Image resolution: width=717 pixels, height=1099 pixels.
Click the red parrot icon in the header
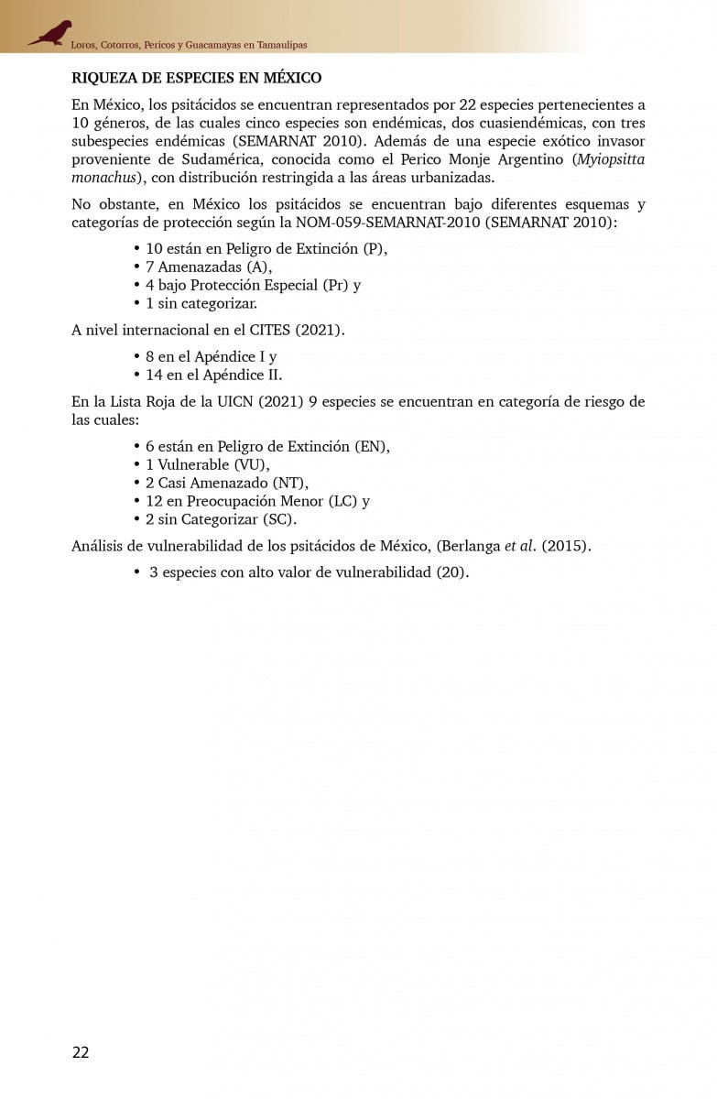click(49, 33)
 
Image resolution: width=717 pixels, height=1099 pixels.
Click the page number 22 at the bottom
click(81, 1052)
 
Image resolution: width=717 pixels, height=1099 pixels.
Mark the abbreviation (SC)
click(278, 519)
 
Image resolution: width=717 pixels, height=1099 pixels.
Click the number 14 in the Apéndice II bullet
click(154, 375)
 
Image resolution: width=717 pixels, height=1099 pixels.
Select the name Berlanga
click(471, 547)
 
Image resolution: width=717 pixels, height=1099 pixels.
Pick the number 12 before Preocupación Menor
click(154, 501)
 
